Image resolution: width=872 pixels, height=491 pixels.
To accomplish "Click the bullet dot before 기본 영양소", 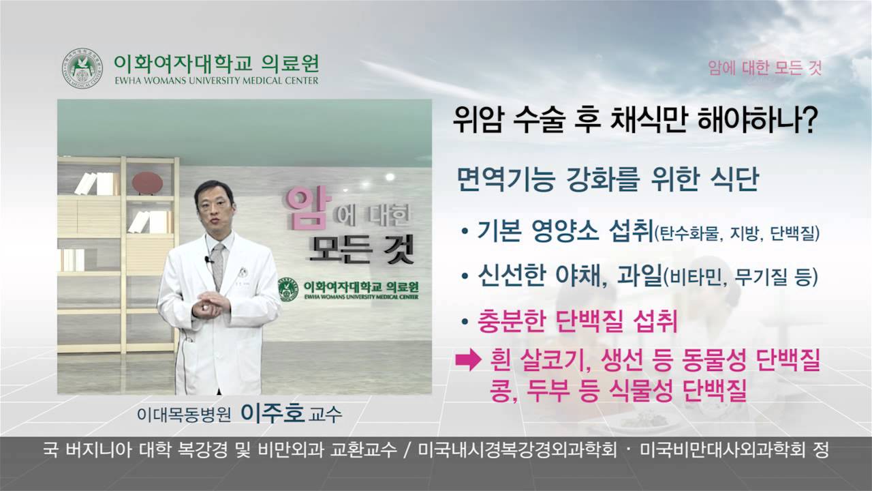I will pos(464,233).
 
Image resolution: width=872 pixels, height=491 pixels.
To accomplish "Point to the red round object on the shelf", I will pos(146,184).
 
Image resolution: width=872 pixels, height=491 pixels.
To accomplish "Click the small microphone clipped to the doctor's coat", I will pos(208,260).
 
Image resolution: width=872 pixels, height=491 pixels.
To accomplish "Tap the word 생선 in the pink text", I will pos(624,362).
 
